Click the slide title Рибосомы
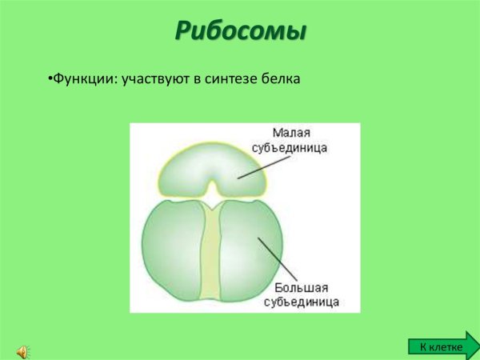[241, 31]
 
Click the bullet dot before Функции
[50, 80]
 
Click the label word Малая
[291, 133]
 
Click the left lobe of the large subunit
[170, 252]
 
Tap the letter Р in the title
[185, 31]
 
